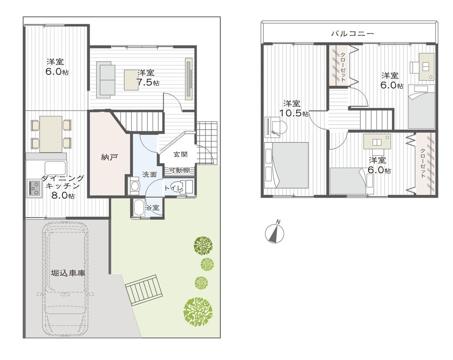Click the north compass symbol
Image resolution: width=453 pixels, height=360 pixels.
pos(274,233)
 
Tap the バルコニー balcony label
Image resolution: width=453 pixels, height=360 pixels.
pos(352,34)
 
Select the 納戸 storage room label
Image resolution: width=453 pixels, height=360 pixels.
pos(109,157)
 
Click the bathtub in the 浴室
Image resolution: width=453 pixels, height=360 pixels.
pos(138,209)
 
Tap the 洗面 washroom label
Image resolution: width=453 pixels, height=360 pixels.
pos(149,174)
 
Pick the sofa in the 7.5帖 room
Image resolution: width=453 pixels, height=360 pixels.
pos(106,79)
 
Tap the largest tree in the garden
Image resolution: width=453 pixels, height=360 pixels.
pos(198,311)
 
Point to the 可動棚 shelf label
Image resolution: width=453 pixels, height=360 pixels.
pos(179,170)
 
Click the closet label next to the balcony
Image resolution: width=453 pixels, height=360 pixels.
pos(343,65)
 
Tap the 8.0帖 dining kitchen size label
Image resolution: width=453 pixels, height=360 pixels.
pos(63,195)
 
